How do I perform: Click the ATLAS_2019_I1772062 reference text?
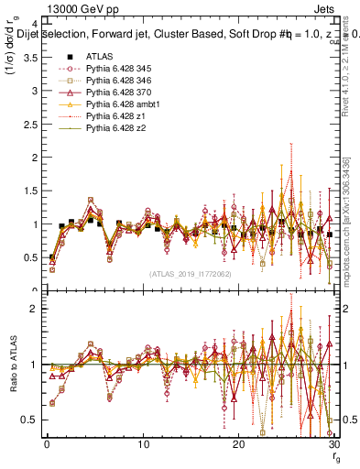(x=190, y=274)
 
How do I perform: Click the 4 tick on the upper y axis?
(x=33, y=24)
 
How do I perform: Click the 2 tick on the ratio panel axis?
(x=33, y=309)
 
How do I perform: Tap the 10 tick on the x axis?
(x=143, y=444)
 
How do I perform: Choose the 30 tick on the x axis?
(x=333, y=444)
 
